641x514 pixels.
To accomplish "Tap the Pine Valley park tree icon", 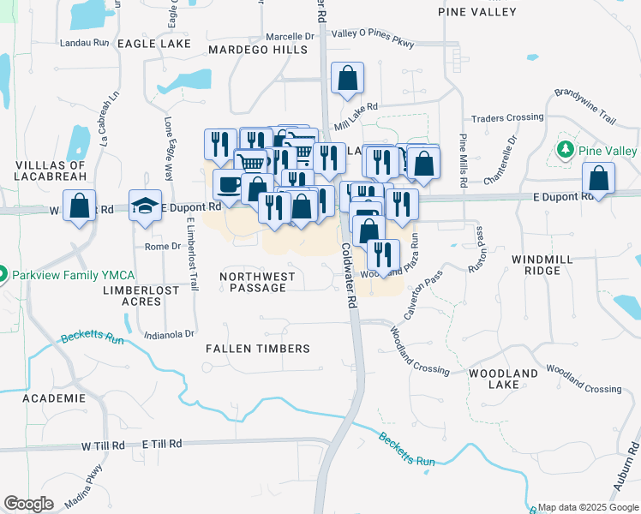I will coord(564,151).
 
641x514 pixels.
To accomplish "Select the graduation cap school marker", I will coord(146,205).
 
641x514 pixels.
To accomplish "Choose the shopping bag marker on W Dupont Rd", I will coord(80,206).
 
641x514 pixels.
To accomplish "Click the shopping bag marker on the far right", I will coord(598,179).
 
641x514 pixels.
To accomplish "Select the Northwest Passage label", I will coord(257,282).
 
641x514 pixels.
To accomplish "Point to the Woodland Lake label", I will coord(503,379).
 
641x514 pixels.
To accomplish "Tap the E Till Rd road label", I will coord(162,444).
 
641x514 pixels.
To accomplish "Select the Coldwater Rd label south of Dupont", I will coord(349,274).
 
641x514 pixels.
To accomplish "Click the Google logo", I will coord(28,504).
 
